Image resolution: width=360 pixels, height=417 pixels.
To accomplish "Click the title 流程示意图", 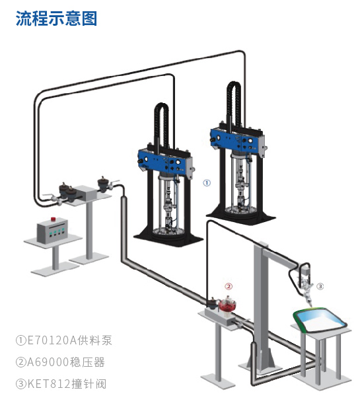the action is [56, 19].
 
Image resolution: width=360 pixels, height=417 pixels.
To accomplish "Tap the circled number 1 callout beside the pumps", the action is [207, 182].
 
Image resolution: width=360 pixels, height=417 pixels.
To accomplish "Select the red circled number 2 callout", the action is [229, 286].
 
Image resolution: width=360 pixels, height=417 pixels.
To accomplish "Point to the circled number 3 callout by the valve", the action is [320, 286].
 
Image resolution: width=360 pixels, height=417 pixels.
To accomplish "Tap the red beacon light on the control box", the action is [54, 219].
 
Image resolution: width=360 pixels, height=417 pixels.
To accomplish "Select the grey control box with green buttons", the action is [52, 230].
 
